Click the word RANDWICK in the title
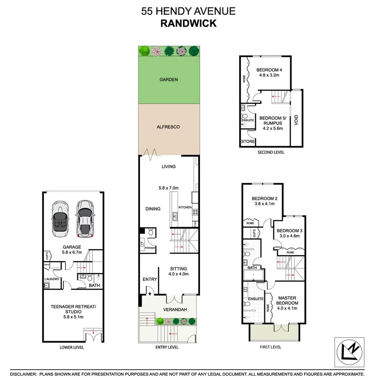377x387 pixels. [x=188, y=23]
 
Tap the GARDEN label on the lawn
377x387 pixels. [x=168, y=80]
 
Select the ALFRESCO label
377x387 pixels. [x=168, y=127]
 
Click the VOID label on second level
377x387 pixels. [x=296, y=119]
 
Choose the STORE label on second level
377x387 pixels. [x=248, y=142]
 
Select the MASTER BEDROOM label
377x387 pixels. [x=287, y=300]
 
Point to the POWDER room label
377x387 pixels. [x=149, y=248]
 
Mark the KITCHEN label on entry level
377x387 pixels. [x=185, y=207]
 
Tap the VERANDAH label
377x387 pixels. [x=175, y=310]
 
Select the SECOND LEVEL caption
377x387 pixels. [x=271, y=152]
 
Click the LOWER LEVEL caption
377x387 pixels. [x=73, y=347]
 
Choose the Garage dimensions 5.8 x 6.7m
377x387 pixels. [x=72, y=252]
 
